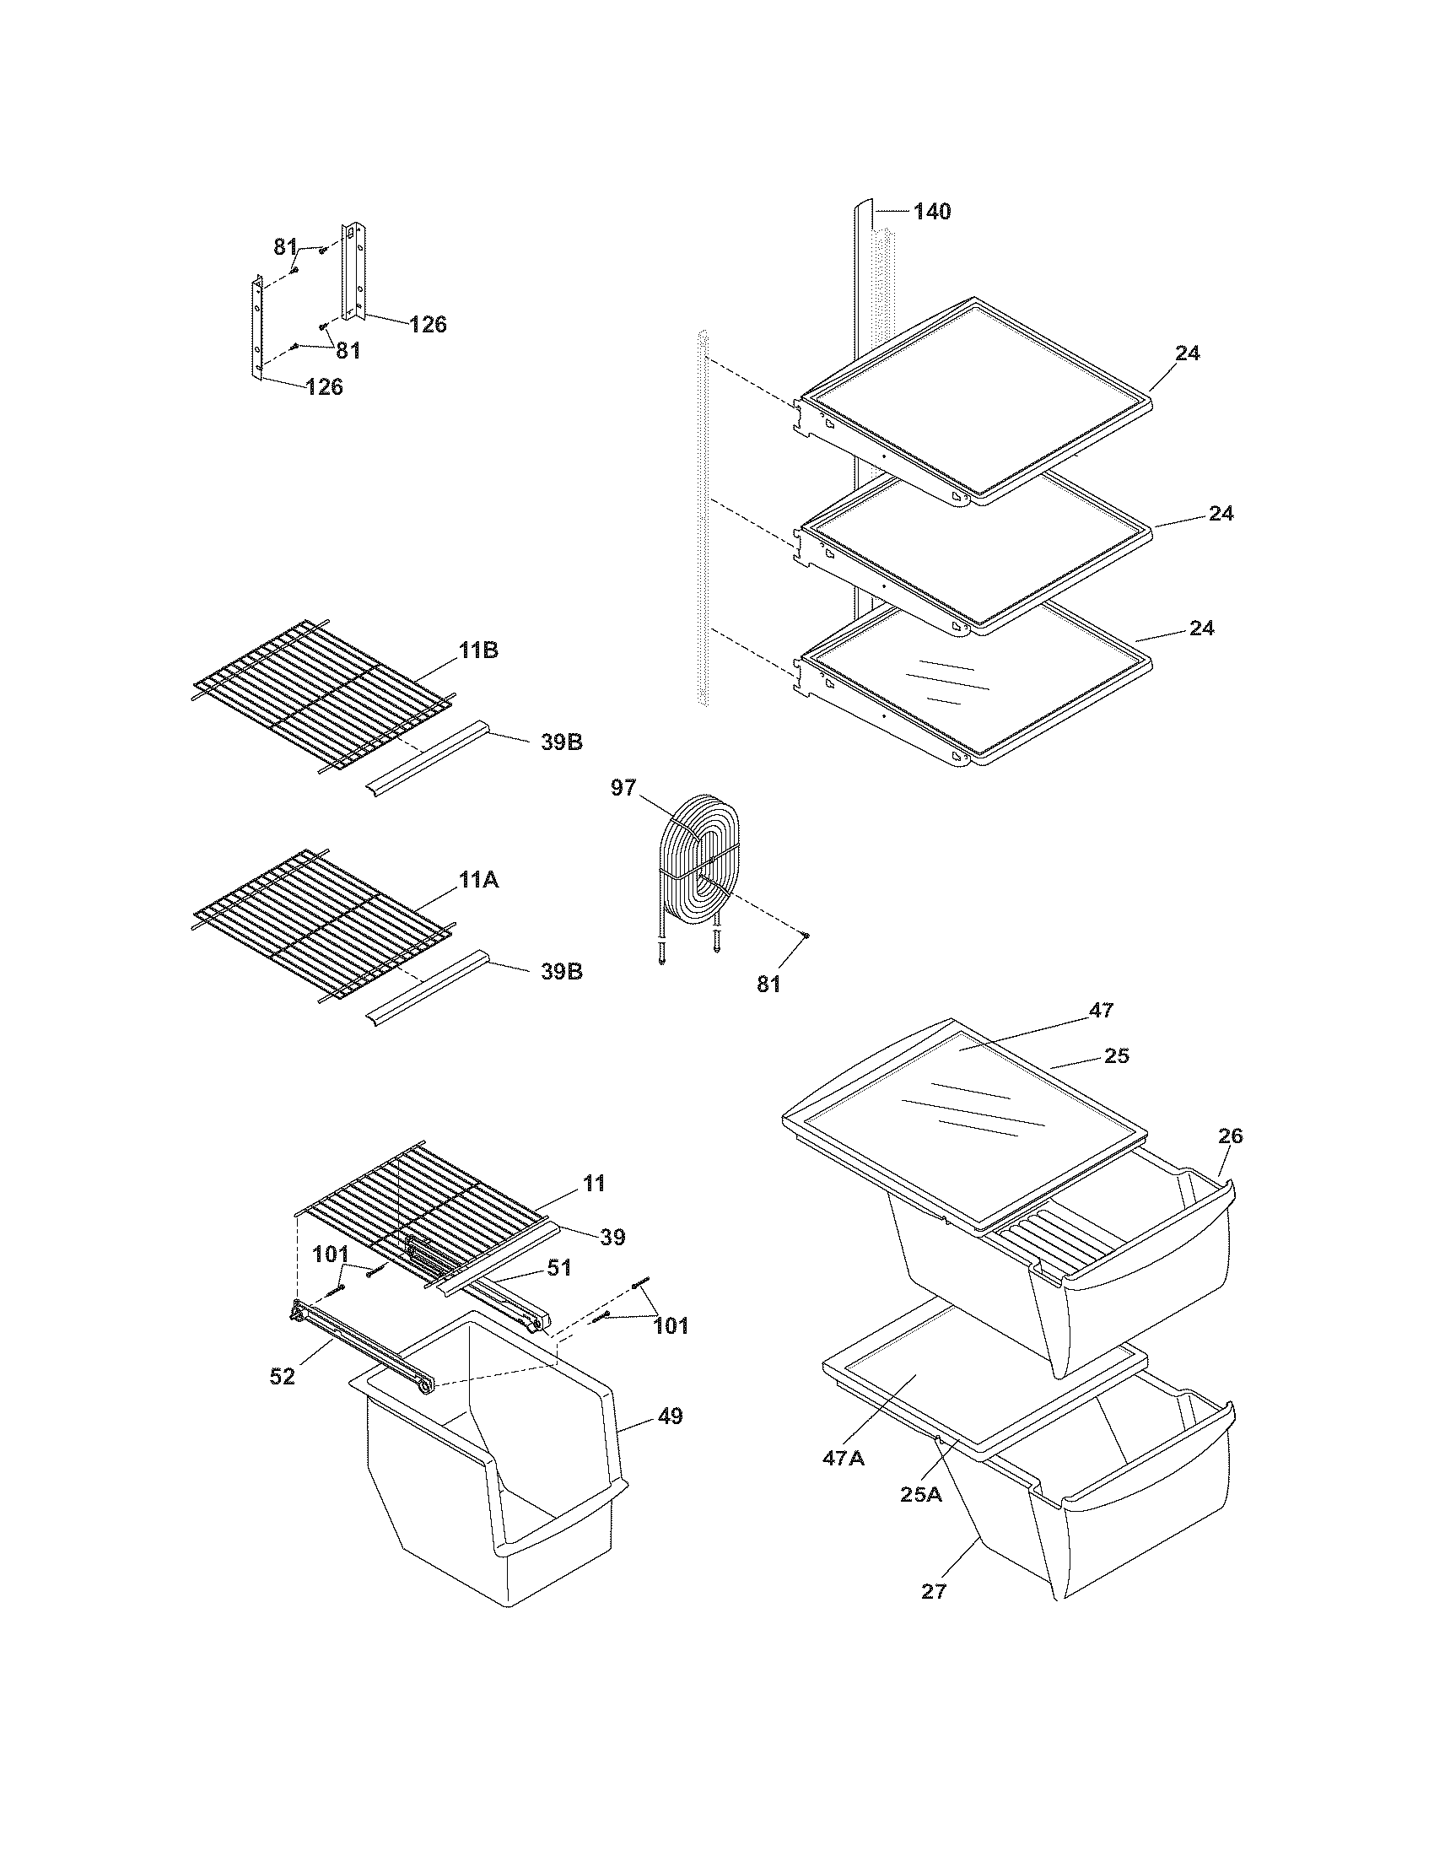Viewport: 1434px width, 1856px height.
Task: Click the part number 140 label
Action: click(931, 212)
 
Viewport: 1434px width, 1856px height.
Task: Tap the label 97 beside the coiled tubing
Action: click(623, 788)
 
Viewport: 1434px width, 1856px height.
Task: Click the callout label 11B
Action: click(478, 651)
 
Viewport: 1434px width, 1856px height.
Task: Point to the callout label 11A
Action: click(478, 881)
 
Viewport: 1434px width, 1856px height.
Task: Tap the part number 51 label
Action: click(558, 1292)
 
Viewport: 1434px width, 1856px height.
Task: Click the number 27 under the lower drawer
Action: click(933, 1592)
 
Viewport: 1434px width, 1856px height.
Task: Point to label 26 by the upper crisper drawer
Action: click(1230, 1136)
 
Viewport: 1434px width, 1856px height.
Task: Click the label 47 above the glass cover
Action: click(1101, 1010)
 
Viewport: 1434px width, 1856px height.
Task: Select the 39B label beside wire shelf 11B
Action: click(562, 742)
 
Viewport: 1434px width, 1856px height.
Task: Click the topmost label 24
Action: click(1187, 353)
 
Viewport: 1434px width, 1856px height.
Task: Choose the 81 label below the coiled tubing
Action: click(768, 984)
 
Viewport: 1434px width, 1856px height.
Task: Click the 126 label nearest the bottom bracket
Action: click(324, 387)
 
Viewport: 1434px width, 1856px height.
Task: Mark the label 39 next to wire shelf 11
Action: click(612, 1238)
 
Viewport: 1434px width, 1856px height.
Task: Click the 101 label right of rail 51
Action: click(671, 1325)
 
